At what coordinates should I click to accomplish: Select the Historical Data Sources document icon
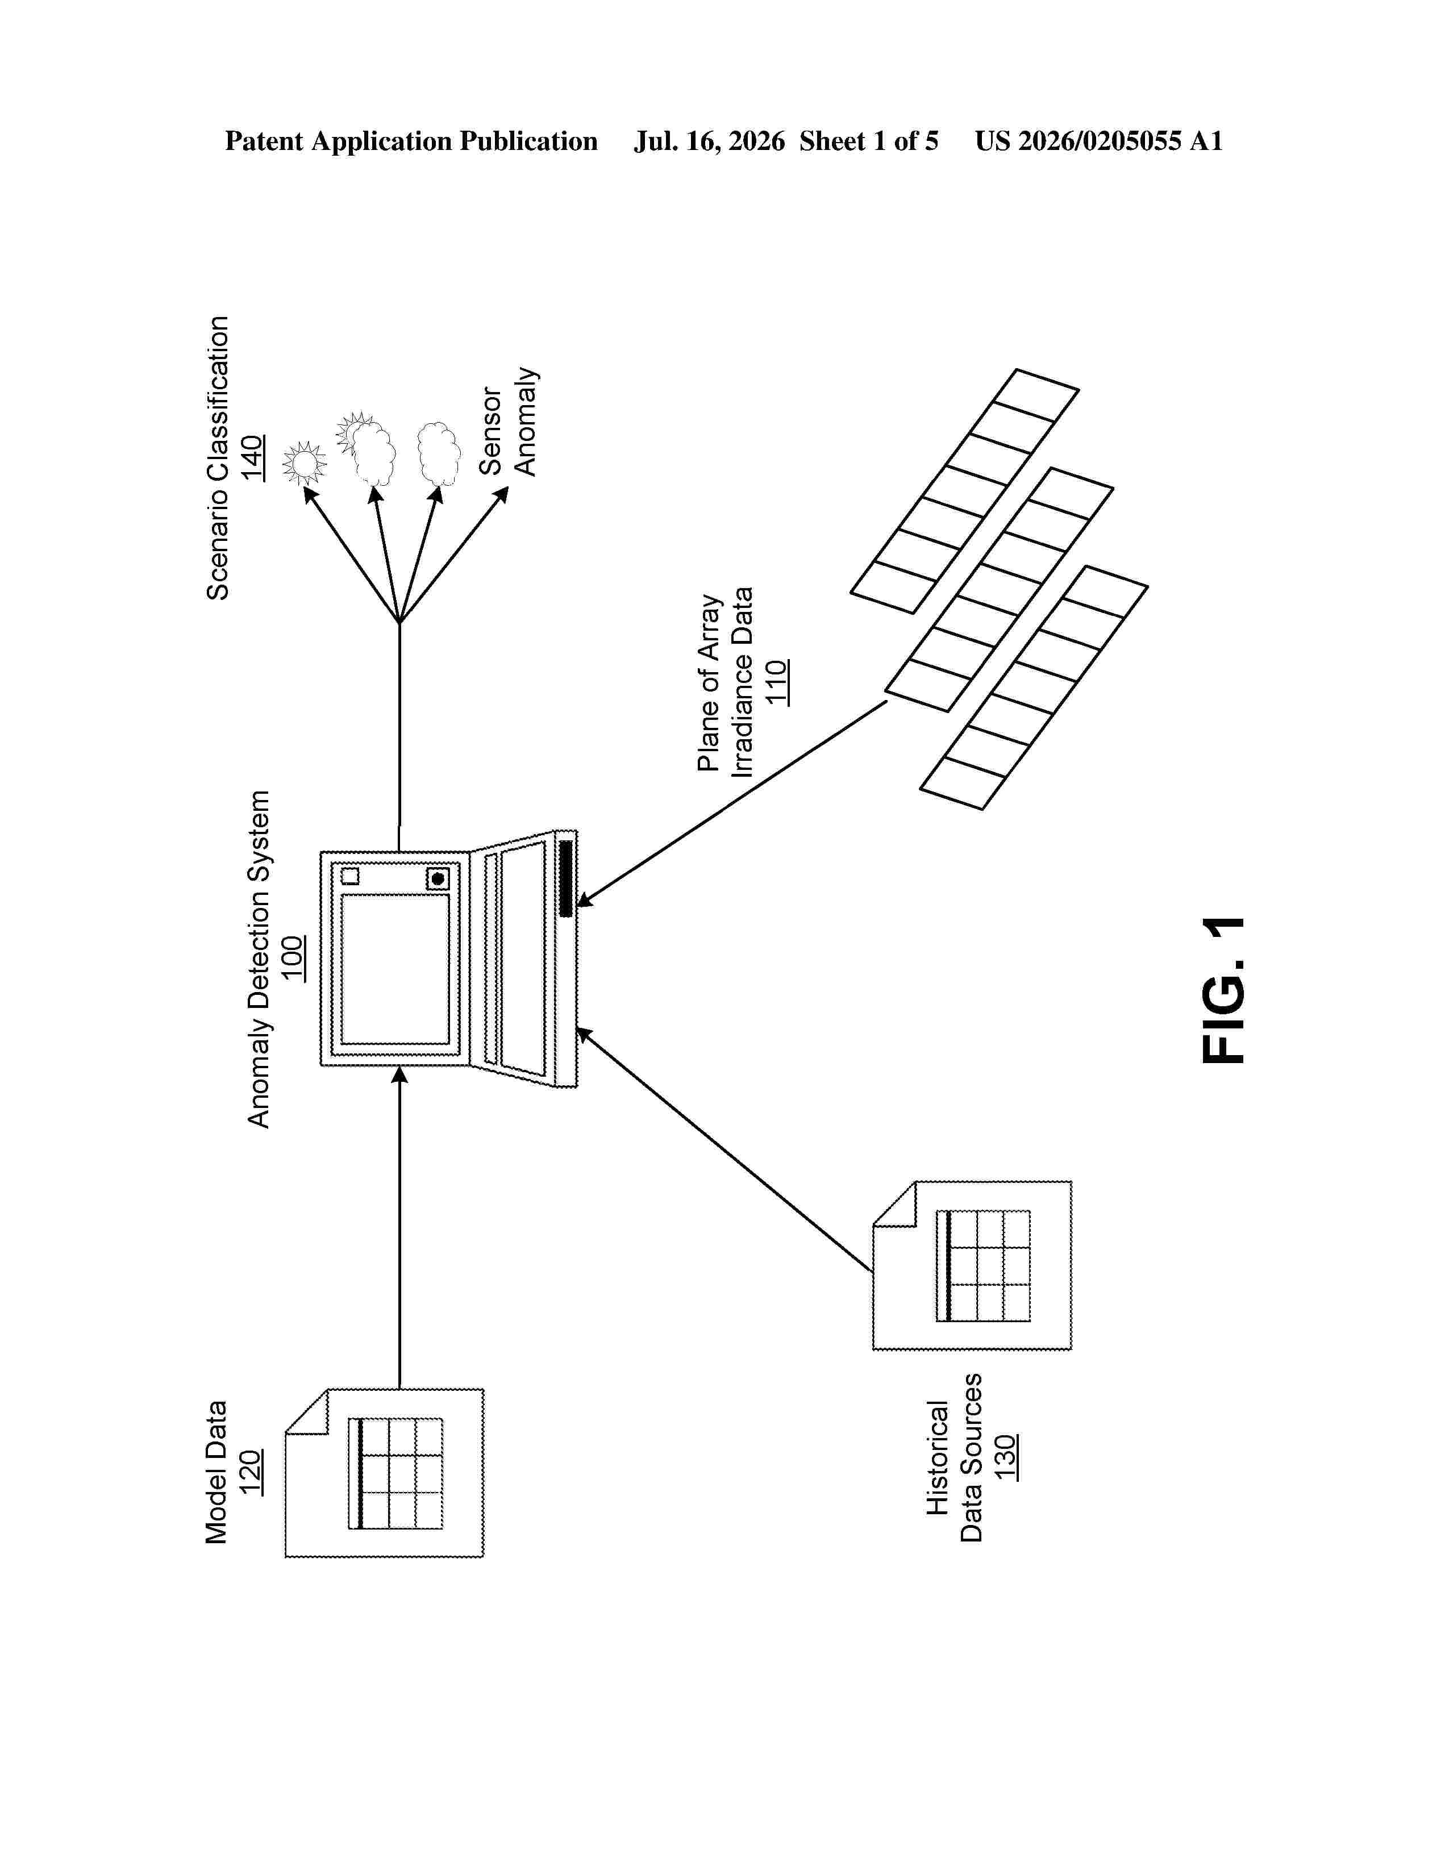(x=972, y=1265)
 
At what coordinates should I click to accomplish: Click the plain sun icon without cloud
(x=304, y=463)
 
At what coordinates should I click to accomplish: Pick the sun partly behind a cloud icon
(x=367, y=448)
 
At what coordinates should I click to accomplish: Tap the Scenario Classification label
(x=218, y=457)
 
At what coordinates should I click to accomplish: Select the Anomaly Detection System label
(x=259, y=959)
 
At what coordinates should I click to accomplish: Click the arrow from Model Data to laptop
(x=399, y=1227)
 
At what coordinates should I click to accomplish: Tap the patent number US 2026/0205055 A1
(x=1099, y=141)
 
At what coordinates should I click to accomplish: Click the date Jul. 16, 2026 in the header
(x=709, y=141)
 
